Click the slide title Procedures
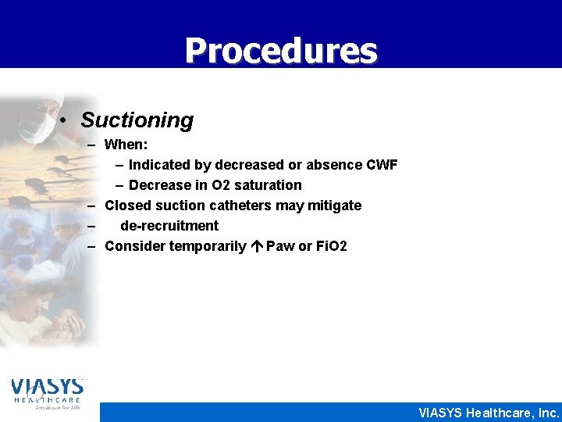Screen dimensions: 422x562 point(281,51)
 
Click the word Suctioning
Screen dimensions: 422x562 point(137,120)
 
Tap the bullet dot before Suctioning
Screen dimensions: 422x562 point(68,121)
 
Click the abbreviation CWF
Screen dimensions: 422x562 point(382,165)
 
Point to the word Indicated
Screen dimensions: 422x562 point(161,165)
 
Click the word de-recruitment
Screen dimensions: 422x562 point(169,226)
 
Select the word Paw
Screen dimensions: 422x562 point(280,246)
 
